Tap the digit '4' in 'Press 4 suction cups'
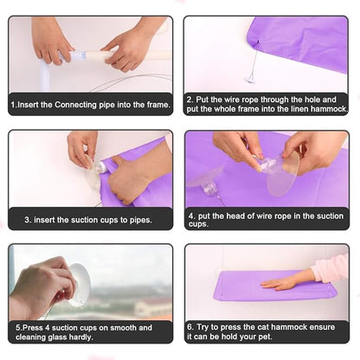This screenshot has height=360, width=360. point(47,328)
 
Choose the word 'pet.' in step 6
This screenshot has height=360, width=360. point(265,337)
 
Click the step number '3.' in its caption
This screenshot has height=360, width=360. point(28,220)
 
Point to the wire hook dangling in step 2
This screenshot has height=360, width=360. point(251,79)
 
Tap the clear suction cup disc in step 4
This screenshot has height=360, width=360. point(283,174)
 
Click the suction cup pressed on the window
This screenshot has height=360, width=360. point(79,285)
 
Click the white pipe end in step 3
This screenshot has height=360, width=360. point(101,167)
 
